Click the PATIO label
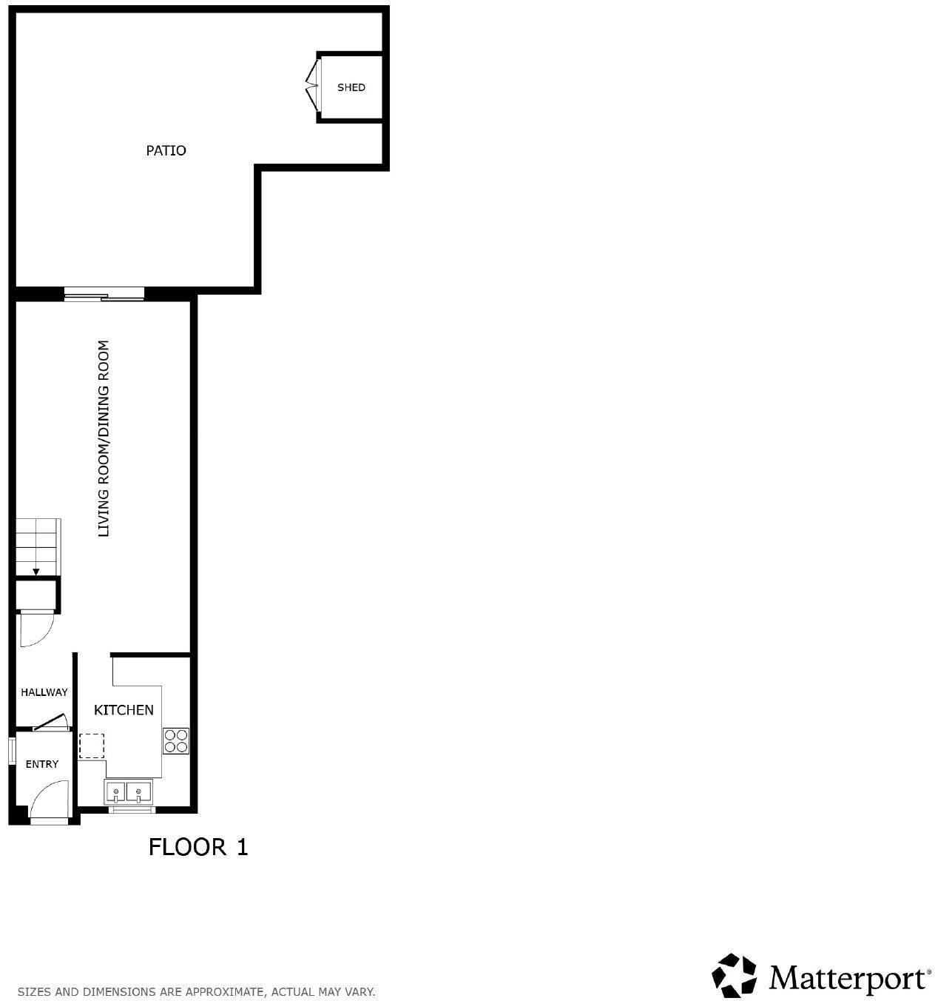click(x=166, y=150)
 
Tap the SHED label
click(x=351, y=87)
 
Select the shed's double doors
click(x=312, y=87)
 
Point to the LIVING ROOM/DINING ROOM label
click(x=104, y=438)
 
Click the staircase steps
click(x=38, y=546)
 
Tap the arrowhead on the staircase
click(x=36, y=571)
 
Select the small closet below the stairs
click(x=36, y=595)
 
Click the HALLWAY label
click(x=44, y=692)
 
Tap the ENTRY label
click(x=41, y=764)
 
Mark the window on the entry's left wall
click(x=12, y=750)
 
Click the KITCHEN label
click(x=124, y=710)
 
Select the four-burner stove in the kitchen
click(x=176, y=740)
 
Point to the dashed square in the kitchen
click(x=92, y=746)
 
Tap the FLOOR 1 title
click(x=198, y=846)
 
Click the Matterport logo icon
click(x=735, y=975)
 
